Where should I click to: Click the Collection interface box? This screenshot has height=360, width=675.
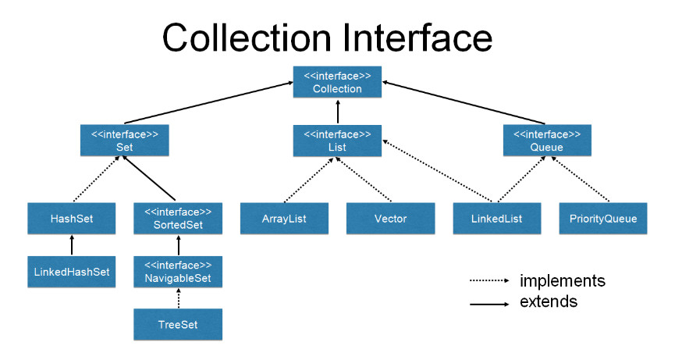point(337,82)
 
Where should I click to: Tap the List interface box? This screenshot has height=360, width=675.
point(337,140)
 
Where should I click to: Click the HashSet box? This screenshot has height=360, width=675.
point(72,219)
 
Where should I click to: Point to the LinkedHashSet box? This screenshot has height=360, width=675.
point(72,272)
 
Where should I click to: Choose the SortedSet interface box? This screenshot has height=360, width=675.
point(179,219)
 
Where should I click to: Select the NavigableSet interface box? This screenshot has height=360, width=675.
point(179,272)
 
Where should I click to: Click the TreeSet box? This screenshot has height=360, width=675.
point(179,324)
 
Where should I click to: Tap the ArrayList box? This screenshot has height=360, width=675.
point(284,219)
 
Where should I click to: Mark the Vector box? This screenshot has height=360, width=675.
point(391,219)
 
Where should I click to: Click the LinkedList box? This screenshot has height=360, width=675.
point(498,219)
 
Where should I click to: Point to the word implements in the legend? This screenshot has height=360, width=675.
point(562,280)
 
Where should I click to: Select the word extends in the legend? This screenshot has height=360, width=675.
point(548,301)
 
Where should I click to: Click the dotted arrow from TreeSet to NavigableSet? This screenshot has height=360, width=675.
point(179,298)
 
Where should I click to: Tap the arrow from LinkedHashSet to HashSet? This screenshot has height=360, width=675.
point(72,245)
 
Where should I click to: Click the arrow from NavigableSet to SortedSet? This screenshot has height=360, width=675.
point(179,245)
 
